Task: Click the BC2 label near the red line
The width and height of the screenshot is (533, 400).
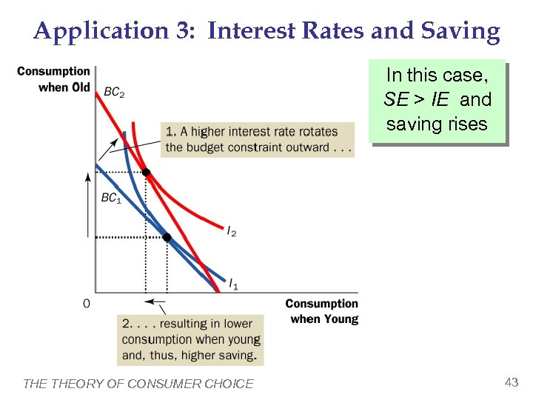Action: (113, 93)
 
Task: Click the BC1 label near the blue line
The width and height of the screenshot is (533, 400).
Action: (110, 199)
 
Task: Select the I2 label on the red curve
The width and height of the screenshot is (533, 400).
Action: (232, 232)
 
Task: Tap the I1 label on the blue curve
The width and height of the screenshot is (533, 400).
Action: (232, 284)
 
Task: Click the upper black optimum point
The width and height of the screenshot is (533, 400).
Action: (146, 173)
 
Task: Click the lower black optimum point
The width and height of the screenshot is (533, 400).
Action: (167, 237)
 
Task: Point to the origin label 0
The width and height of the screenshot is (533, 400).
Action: (86, 303)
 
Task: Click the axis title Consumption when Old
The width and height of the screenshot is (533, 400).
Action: (53, 79)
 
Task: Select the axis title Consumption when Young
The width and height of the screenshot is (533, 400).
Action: (322, 311)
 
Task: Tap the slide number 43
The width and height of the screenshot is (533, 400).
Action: (511, 382)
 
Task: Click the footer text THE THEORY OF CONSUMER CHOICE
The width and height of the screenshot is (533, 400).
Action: (138, 384)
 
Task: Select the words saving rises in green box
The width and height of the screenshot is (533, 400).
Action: (437, 124)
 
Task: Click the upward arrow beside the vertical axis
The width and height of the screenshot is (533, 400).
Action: (88, 204)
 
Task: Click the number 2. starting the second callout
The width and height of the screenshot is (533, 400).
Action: (127, 324)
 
